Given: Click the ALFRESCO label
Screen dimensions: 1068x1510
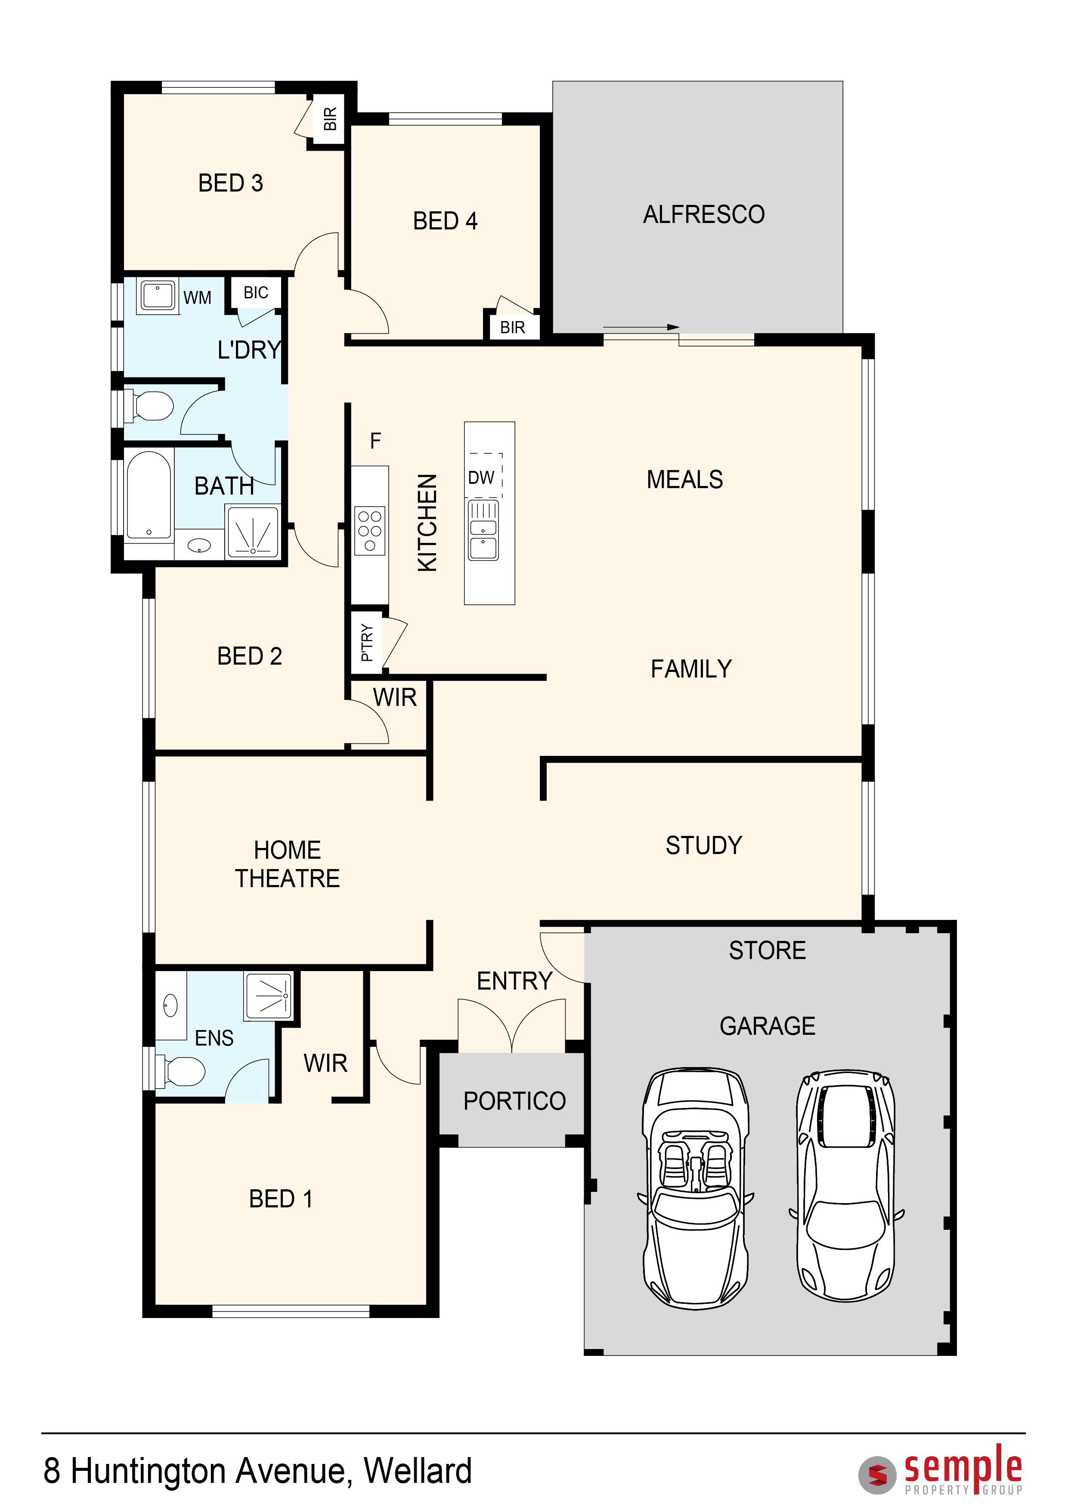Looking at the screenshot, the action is click(704, 214).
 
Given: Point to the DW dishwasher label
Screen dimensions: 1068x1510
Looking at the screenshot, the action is click(481, 477).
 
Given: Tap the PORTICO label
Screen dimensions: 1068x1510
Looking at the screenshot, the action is click(514, 1101).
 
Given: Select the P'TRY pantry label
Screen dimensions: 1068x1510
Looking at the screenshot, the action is click(367, 643).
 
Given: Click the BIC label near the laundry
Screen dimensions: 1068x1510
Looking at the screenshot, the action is click(256, 293).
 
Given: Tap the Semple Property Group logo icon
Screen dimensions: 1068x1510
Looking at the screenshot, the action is click(877, 1475).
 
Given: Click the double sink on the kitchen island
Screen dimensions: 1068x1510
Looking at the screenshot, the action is click(483, 530).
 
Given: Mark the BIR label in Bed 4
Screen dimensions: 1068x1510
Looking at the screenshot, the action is click(512, 328).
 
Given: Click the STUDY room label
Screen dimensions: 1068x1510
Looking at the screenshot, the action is click(704, 845).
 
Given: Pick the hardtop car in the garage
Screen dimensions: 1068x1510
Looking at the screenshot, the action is click(846, 1186).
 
